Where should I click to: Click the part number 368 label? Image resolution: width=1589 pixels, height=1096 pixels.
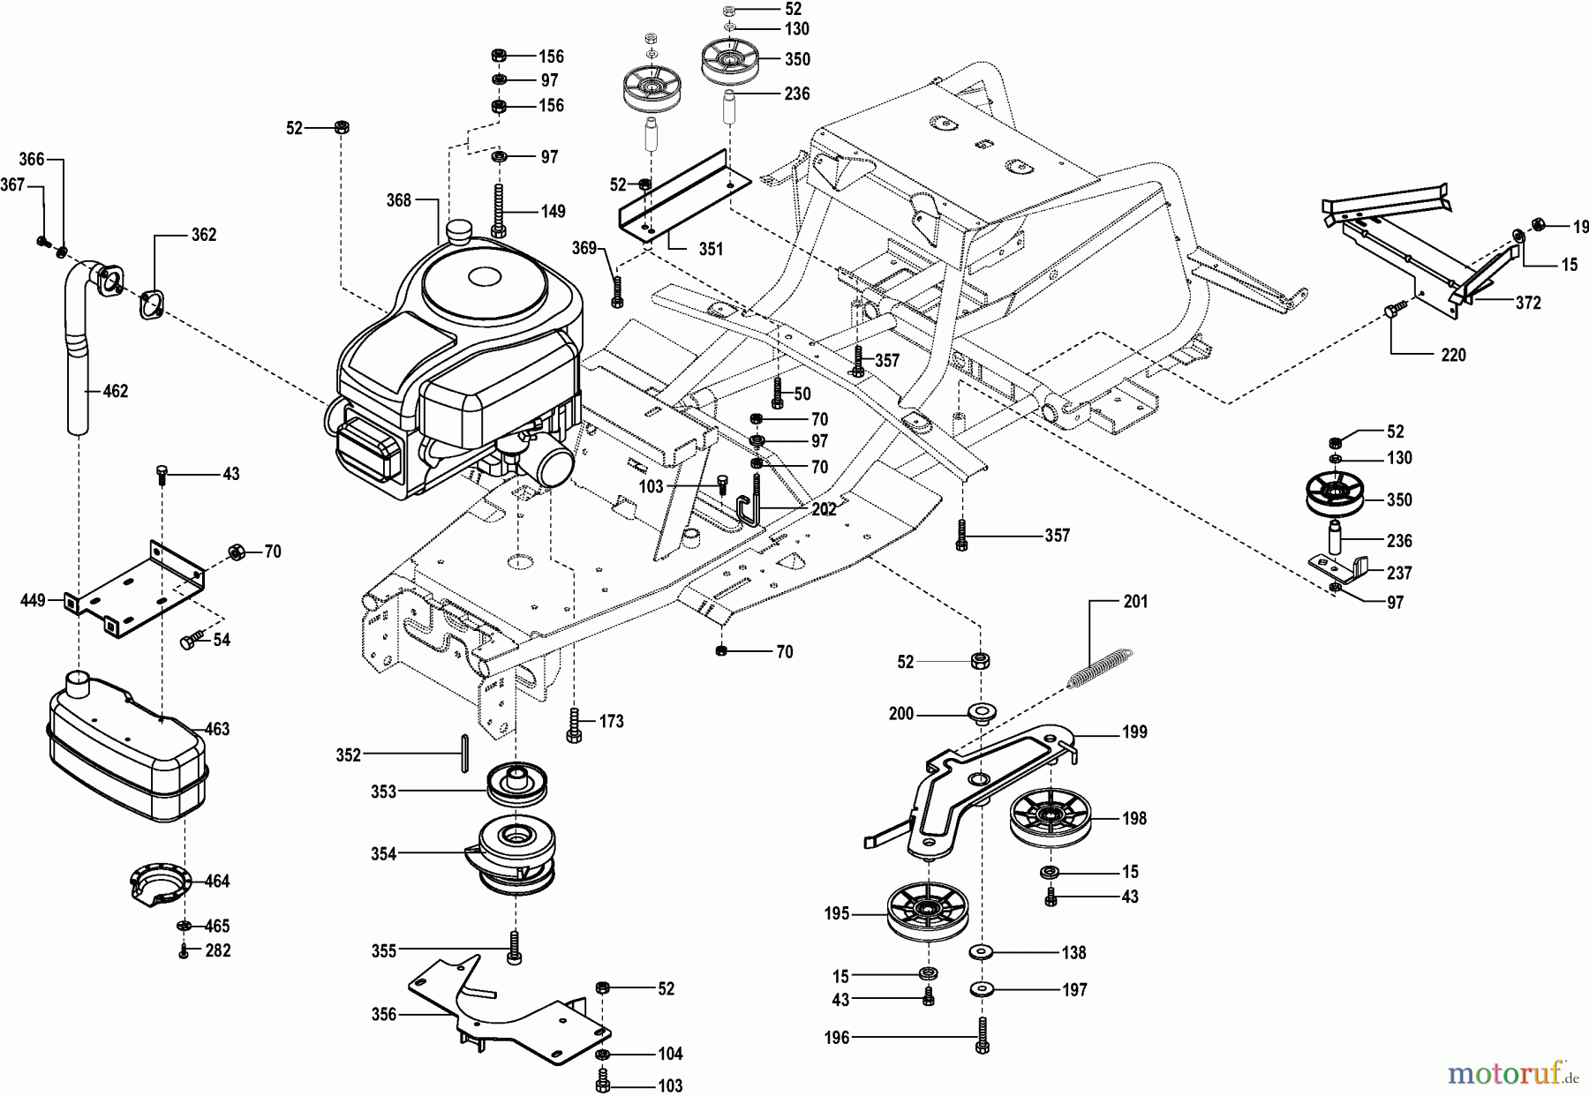(398, 200)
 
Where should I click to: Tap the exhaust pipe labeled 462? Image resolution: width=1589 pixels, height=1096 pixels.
(81, 371)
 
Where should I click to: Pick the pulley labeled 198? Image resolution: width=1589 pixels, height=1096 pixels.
(1050, 819)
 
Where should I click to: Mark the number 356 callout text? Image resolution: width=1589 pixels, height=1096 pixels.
(385, 1015)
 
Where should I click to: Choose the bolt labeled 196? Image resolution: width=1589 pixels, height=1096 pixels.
(983, 1037)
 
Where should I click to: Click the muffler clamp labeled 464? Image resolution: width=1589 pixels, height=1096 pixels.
(159, 882)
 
